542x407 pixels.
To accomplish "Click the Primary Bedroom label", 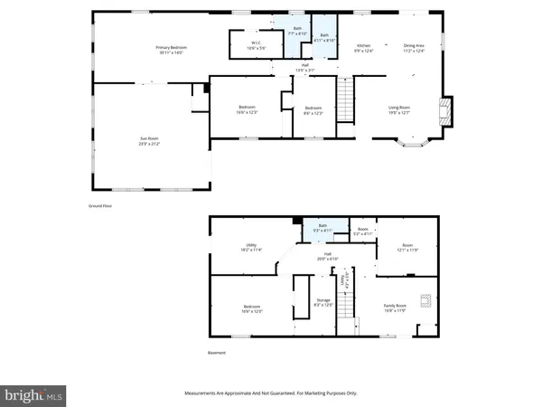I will click(169, 50).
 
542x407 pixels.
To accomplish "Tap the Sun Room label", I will click(148, 141).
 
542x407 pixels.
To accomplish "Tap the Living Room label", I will click(399, 110).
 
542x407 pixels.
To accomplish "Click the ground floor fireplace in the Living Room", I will click(444, 110).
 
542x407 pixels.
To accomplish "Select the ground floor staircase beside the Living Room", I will click(344, 98).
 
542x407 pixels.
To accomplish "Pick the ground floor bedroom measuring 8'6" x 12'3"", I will click(313, 110).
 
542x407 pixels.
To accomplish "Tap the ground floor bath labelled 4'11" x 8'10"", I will click(324, 37).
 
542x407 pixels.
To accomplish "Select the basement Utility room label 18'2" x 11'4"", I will click(252, 247).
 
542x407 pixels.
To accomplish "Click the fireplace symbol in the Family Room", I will click(424, 301).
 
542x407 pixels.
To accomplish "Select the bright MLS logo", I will click(34, 394).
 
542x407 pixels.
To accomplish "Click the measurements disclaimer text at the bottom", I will click(271, 393).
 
